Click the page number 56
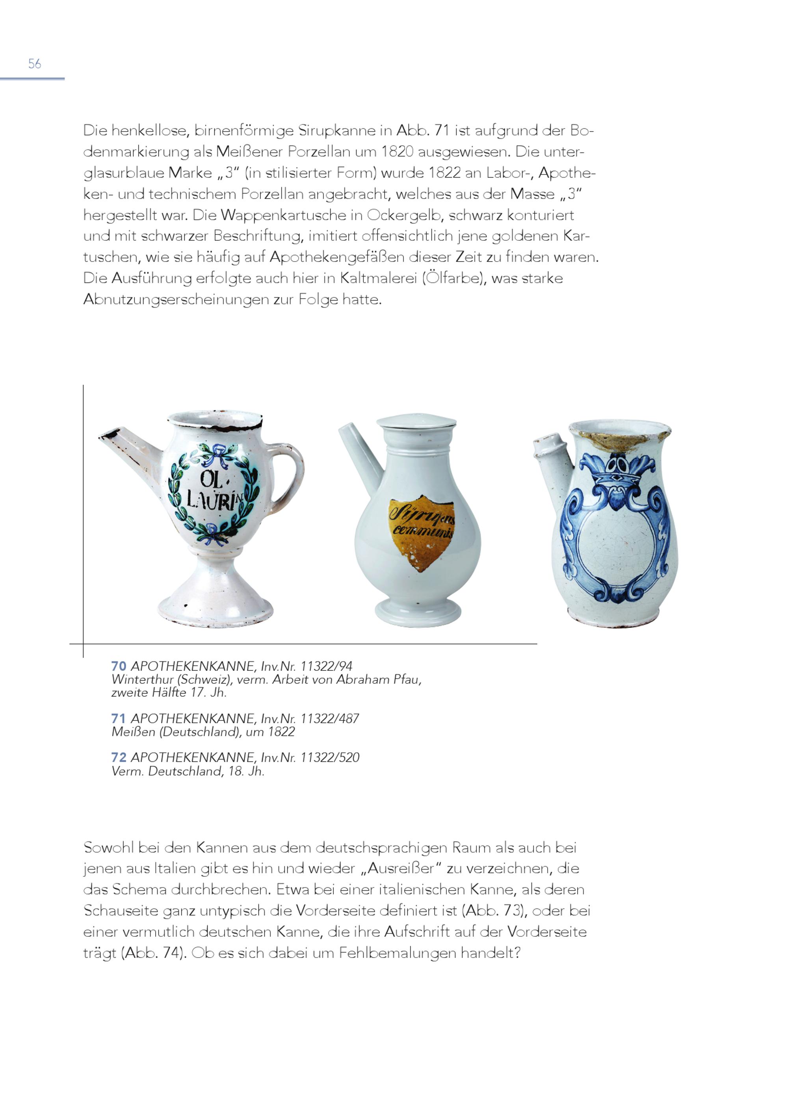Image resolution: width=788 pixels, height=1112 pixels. (34, 63)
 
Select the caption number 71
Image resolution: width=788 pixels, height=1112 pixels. (118, 718)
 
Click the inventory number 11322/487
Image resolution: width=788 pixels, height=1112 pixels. (329, 718)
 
